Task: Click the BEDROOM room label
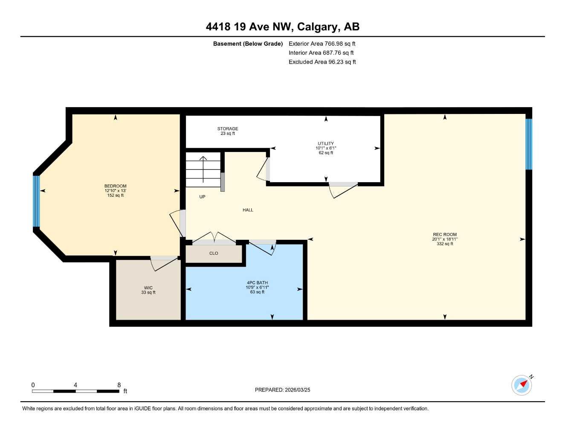116,186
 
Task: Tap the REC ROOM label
445,234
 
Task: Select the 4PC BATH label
257,283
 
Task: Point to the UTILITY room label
326,143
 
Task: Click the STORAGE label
228,128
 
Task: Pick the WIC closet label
148,288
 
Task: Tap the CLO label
214,253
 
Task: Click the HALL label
248,210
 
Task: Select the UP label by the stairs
202,197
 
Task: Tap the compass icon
522,385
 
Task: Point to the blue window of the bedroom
37,201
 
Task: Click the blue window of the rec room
529,144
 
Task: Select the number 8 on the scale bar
119,385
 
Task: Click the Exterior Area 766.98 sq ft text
322,44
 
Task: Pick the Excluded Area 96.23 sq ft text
322,62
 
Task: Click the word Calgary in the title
317,27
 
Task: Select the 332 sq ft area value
445,244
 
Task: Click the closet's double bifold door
214,237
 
